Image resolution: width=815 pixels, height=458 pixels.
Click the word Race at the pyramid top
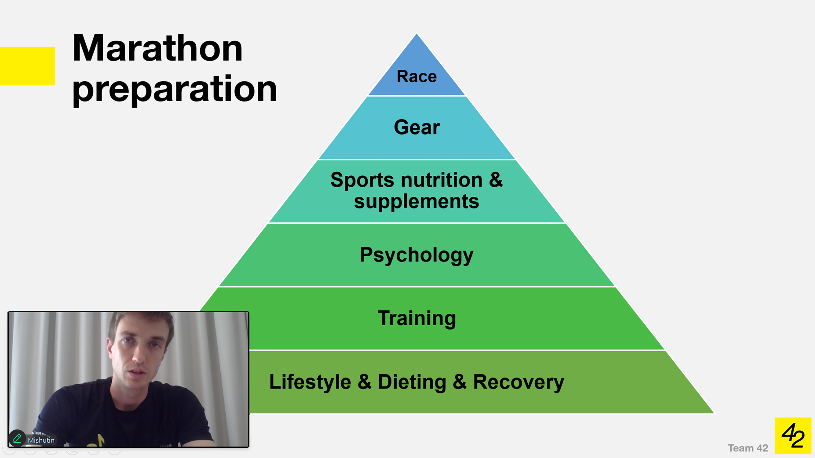click(417, 76)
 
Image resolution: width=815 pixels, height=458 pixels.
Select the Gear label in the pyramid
click(417, 127)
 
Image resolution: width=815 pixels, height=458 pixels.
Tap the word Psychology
click(417, 255)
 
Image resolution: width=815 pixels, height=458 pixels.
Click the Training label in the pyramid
click(417, 318)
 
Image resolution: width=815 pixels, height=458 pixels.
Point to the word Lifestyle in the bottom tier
click(310, 382)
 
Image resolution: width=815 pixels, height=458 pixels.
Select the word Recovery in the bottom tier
click(518, 382)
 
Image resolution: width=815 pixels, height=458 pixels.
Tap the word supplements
click(417, 202)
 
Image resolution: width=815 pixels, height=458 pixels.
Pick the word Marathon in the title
click(157, 48)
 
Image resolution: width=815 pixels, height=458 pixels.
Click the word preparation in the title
click(175, 89)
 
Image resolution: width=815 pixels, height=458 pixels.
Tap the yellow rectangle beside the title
click(27, 66)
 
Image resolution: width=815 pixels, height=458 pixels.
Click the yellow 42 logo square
click(793, 436)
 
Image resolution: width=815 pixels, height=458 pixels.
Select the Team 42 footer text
click(747, 448)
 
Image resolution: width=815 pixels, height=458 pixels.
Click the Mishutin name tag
click(41, 440)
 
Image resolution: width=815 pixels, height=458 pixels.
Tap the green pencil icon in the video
click(17, 438)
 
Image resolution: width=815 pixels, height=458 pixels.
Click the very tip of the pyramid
click(417, 35)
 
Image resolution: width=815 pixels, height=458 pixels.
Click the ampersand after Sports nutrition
click(496, 180)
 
